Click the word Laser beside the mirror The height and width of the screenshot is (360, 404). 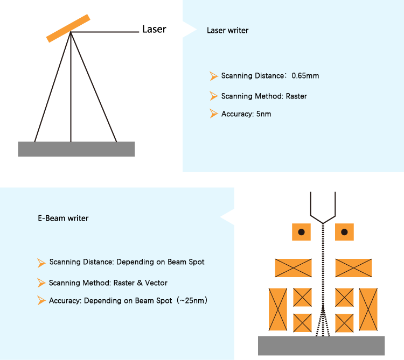click(154, 29)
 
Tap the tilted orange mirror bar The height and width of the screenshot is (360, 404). click(68, 27)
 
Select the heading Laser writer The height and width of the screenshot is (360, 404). click(228, 31)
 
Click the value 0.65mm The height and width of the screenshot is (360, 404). click(305, 76)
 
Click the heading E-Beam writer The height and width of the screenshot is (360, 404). click(63, 218)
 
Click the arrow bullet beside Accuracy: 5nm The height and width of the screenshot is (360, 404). click(213, 114)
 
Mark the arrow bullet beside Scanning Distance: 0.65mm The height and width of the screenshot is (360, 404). click(213, 76)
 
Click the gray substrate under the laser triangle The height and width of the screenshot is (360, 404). click(76, 149)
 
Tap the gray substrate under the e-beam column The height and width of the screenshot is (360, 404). click(321, 345)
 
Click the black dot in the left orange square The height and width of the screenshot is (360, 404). click(301, 232)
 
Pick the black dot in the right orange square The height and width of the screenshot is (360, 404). click(344, 232)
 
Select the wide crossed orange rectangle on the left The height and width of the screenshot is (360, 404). click(293, 268)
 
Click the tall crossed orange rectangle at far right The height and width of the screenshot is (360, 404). click(368, 309)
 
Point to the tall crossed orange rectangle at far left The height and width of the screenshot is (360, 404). click(277, 309)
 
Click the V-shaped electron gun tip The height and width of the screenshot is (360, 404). click(322, 220)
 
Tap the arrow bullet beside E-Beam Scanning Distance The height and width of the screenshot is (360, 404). click(41, 263)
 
